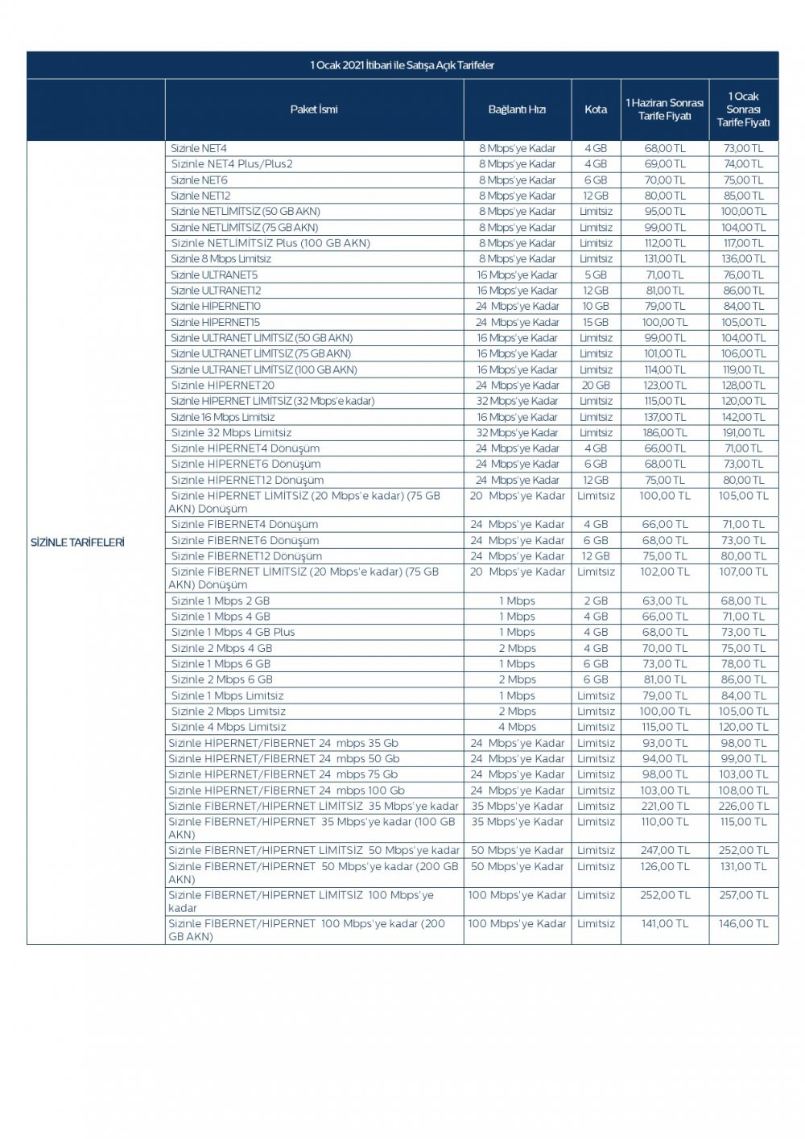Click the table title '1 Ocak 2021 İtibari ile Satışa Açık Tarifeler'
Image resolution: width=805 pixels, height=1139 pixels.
click(402, 65)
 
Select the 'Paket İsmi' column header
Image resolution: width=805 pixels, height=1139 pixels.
click(314, 109)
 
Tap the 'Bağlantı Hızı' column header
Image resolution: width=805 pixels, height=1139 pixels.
click(517, 109)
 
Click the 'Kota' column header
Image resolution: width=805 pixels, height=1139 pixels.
click(596, 109)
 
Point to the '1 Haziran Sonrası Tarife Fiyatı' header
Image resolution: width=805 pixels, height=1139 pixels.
click(665, 109)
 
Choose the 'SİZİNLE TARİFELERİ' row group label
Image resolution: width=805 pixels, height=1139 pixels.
click(77, 543)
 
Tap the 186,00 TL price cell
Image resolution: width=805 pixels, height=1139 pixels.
click(665, 433)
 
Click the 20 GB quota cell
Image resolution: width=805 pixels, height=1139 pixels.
click(596, 386)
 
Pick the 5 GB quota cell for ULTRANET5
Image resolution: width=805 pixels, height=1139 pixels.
click(596, 275)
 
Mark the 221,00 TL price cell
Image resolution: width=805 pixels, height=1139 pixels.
click(665, 807)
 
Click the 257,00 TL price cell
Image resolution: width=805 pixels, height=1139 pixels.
click(744, 895)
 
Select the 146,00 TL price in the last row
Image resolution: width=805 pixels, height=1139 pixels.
click(744, 924)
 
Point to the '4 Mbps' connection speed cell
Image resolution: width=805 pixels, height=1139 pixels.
click(517, 727)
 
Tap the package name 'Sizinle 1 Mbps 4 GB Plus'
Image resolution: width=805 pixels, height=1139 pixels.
click(233, 633)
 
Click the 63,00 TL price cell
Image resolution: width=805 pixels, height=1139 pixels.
click(665, 601)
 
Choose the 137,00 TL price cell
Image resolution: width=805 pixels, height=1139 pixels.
click(665, 417)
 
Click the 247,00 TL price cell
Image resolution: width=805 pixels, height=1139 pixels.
click(665, 851)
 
